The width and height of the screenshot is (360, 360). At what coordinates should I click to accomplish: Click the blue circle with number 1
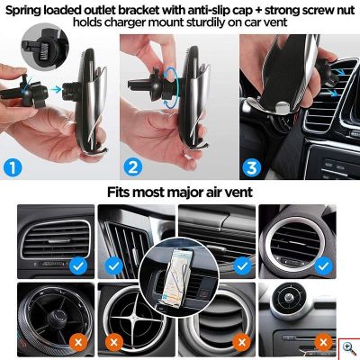(13, 168)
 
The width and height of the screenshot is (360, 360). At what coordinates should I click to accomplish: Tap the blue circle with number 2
(133, 167)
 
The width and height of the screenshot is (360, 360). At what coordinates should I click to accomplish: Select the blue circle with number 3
(252, 167)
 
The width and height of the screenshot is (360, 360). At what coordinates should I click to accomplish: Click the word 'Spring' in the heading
(22, 11)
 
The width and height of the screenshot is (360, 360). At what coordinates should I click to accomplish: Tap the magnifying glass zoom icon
(349, 349)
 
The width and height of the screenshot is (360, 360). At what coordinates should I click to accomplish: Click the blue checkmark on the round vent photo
(323, 266)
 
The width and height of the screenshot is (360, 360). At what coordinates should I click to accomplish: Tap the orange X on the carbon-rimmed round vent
(78, 342)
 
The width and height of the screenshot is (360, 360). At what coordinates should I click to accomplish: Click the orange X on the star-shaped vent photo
(114, 342)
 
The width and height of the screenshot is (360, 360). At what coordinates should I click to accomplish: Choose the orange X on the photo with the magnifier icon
(323, 342)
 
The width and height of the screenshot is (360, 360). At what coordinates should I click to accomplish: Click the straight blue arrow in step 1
(56, 89)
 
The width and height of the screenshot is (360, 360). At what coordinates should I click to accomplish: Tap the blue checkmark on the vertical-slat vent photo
(113, 266)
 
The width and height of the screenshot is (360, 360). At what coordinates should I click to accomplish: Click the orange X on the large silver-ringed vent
(242, 342)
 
